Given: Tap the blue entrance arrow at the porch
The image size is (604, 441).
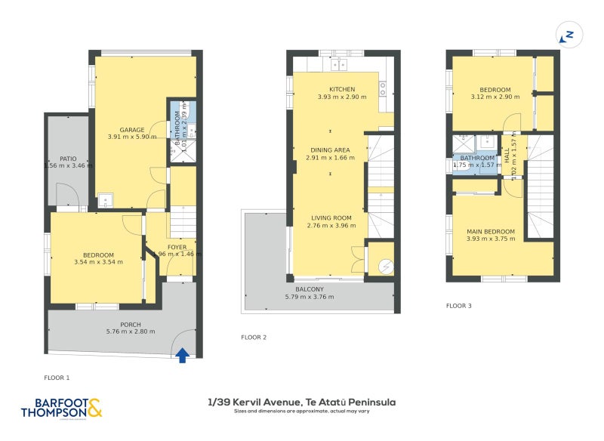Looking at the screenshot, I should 182,356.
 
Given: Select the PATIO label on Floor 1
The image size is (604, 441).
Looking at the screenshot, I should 69,159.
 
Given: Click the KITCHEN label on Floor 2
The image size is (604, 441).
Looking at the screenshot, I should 341,89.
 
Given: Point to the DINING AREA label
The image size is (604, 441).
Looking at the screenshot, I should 330,150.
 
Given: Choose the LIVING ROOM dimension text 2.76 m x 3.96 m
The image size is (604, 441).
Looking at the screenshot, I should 330,225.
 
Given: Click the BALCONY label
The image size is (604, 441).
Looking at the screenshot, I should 310,289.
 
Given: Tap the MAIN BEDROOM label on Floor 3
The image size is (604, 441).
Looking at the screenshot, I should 491,231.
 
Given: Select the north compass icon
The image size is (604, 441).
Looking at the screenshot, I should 568,35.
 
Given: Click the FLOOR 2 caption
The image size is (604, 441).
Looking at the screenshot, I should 254,337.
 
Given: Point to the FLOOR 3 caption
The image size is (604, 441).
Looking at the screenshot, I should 458,306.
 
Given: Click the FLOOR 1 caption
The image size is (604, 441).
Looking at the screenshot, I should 57,375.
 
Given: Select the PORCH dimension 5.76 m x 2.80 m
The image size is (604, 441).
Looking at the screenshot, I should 124,333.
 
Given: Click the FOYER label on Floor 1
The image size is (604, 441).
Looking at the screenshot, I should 177,245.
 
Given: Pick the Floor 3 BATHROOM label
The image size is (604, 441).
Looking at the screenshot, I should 477,158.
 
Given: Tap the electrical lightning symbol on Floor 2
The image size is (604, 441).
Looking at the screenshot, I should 386,265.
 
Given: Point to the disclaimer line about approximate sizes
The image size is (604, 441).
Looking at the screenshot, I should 301,412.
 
